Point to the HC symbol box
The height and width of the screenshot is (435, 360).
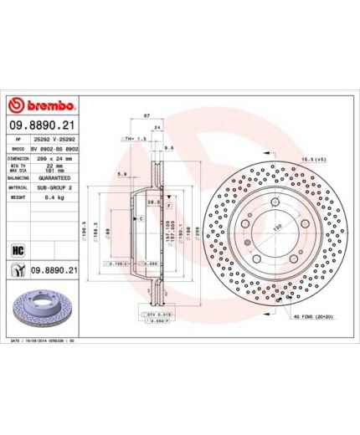(16, 248)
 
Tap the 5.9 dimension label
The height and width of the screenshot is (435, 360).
(122, 174)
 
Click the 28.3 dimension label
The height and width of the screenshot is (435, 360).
(153, 202)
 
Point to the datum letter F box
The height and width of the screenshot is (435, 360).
(169, 205)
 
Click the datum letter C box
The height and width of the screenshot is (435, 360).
(141, 218)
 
